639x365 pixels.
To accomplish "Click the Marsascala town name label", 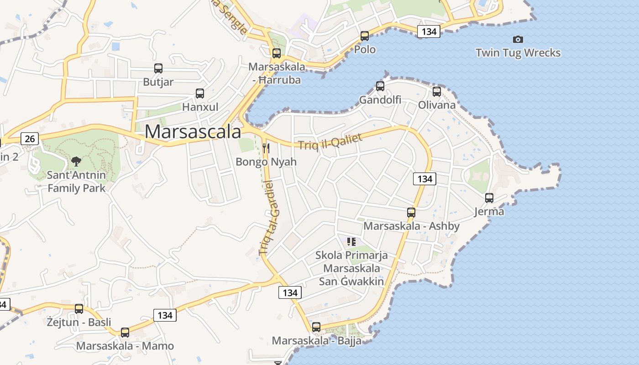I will [193, 132].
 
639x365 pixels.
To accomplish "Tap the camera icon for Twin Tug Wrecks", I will [518, 40].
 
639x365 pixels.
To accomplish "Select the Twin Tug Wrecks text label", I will [518, 53].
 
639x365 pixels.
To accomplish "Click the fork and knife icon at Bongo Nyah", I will [267, 148].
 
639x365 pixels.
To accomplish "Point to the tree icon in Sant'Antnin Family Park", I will [76, 161].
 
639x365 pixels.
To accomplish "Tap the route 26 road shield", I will [30, 139].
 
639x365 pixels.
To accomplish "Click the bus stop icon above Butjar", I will [158, 68].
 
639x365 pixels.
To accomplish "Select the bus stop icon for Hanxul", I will [200, 94].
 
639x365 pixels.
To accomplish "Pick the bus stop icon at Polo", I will [365, 36].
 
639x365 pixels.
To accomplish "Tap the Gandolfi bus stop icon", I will [380, 86].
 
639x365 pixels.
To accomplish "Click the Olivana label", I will [437, 105].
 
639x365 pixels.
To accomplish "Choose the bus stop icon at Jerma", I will [489, 198].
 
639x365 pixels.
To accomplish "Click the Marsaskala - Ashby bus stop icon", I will [411, 212].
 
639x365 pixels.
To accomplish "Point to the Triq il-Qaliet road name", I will [330, 141].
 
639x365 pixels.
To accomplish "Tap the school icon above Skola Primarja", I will [351, 241].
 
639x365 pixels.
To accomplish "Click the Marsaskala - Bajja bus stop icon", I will [316, 327].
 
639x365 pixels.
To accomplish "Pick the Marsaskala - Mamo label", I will [125, 346].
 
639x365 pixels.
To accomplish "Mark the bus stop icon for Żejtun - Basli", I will [79, 309].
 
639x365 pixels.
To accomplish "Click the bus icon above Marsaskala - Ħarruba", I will [277, 53].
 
